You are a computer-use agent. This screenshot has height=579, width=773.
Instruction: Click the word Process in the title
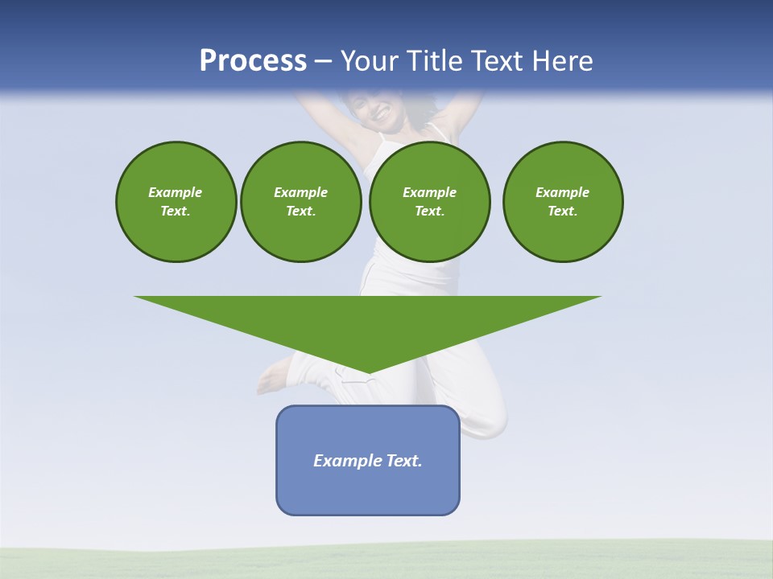point(253,60)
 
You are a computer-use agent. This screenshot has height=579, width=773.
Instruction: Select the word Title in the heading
point(438,60)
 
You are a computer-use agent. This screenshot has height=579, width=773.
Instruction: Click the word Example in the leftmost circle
point(176,192)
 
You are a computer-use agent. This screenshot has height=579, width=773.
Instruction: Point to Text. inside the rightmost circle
point(562,211)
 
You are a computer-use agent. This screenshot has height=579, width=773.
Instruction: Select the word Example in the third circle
point(429,192)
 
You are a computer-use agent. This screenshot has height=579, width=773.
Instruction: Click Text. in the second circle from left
point(300,211)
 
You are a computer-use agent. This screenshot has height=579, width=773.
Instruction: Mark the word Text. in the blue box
point(404,461)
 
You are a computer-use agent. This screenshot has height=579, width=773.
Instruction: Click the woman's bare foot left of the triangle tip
point(274,378)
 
